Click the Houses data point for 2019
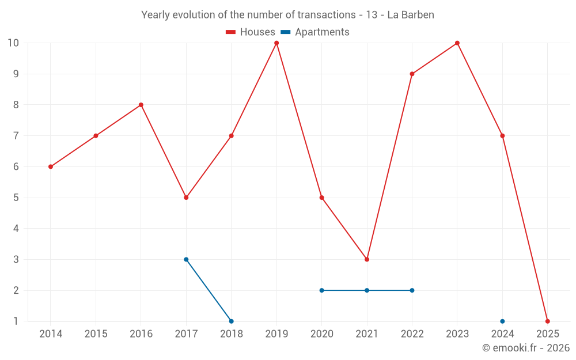(276, 43)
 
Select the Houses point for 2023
(457, 43)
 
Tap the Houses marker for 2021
(367, 259)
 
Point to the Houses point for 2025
(547, 321)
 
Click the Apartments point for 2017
(186, 259)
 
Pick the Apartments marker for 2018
(231, 321)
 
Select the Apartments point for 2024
(502, 321)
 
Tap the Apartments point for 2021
(367, 290)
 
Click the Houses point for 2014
(51, 166)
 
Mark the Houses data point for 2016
(141, 105)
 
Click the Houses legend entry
(251, 32)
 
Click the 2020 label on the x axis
(321, 334)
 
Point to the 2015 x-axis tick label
(96, 334)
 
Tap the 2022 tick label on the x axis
(412, 334)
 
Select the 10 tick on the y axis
(13, 43)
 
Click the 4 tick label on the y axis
(16, 229)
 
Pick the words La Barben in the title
(411, 15)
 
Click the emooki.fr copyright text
(526, 348)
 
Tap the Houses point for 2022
(412, 74)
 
